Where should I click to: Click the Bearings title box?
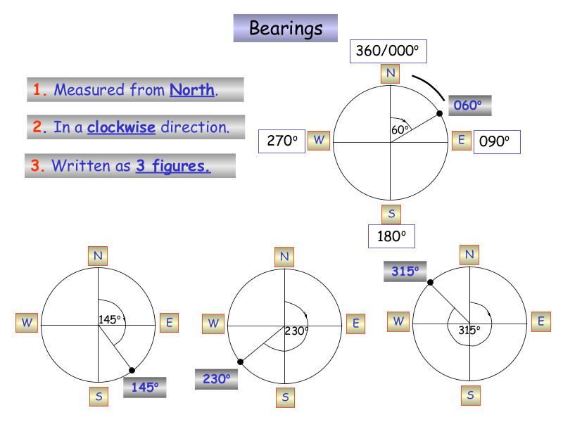point(286,28)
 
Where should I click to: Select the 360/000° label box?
point(388,51)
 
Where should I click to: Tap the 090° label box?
point(496,141)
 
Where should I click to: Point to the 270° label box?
point(282,141)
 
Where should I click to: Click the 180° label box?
point(391,236)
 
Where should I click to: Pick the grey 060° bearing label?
point(469,105)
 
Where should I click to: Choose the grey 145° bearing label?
point(144,386)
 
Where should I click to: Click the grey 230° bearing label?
point(216,378)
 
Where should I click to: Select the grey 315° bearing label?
point(405,271)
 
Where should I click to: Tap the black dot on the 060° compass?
point(440,113)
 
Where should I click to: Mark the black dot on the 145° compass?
point(132,371)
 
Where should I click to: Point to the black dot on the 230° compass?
point(241,362)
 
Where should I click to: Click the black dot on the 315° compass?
point(429,282)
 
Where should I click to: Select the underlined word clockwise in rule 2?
point(121,127)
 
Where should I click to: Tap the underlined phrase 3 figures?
point(172,166)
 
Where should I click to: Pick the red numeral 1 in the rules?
point(39,90)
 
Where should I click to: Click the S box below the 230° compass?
point(285,397)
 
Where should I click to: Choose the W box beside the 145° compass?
point(27,323)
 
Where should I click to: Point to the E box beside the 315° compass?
point(540,321)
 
